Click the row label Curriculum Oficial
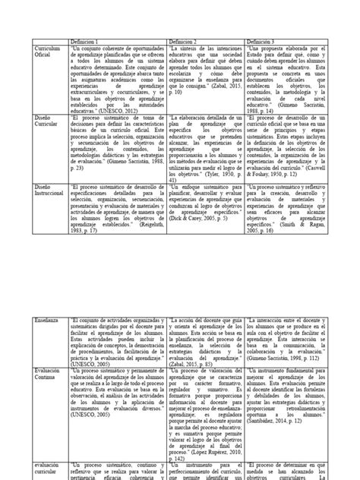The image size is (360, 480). pos(50,53)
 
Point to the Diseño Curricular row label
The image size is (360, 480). pos(48,125)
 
